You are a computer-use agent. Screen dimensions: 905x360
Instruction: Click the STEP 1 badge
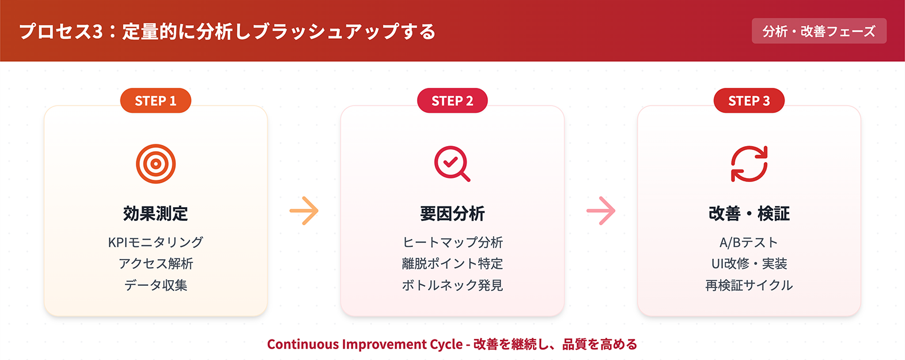pos(156,100)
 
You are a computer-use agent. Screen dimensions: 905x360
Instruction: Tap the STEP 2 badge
pos(452,100)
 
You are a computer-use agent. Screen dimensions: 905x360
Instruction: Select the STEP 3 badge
pos(749,100)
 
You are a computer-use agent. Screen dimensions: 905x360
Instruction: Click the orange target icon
pos(156,164)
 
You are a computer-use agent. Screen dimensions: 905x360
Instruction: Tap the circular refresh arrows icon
pos(749,164)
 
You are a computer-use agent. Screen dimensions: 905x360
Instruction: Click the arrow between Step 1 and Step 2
pos(304,211)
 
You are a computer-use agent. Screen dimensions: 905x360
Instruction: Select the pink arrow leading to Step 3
pos(601,211)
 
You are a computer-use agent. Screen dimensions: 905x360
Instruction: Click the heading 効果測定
pos(156,213)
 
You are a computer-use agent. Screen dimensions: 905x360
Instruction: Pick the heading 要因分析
pos(452,213)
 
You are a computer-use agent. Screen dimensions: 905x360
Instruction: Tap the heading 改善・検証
pos(749,213)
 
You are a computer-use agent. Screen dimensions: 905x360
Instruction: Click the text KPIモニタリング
pos(156,242)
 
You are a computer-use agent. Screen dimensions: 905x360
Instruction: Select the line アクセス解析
pos(156,264)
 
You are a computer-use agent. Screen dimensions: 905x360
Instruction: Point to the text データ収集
pos(156,285)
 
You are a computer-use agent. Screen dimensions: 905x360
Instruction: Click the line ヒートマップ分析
pos(452,242)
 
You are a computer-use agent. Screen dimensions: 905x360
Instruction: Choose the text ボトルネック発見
pos(452,285)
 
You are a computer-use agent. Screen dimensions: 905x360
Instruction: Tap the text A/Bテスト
pos(749,242)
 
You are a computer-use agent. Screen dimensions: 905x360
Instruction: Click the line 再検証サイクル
pos(749,285)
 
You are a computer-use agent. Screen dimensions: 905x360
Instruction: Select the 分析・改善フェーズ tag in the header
pos(819,31)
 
